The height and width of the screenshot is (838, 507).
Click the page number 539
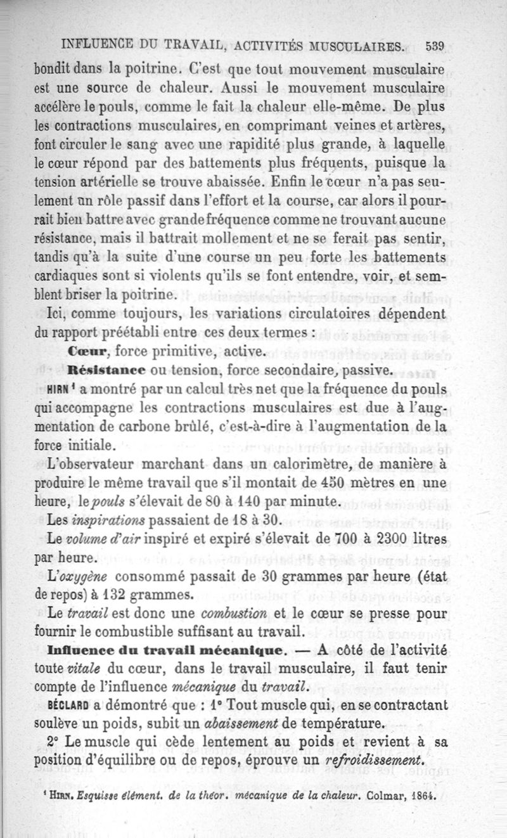(434, 46)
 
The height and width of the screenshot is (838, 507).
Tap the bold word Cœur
(90, 351)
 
